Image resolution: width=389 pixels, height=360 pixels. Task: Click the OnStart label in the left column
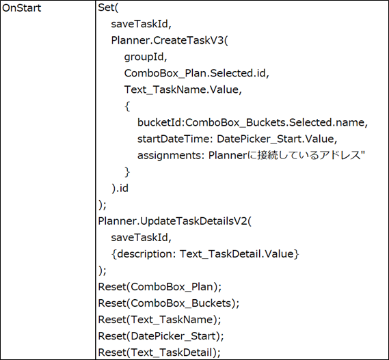tap(21, 8)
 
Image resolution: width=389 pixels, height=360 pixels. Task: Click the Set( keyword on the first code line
tap(109, 8)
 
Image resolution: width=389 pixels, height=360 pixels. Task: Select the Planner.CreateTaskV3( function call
tap(170, 40)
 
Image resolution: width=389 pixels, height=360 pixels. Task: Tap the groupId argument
tap(146, 57)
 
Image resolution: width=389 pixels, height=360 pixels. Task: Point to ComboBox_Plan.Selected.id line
tap(196, 73)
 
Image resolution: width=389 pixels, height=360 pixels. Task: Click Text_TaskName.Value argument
tap(183, 89)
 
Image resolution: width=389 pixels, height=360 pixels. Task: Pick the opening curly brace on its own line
tap(127, 106)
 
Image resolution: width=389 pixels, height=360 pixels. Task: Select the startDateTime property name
tap(174, 139)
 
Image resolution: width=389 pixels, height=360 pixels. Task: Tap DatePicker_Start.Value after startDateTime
tap(277, 139)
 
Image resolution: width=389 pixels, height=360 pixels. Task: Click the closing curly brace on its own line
tap(127, 172)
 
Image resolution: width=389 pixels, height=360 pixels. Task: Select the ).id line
tap(120, 189)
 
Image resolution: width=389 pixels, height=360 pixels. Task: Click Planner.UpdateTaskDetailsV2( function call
tap(174, 221)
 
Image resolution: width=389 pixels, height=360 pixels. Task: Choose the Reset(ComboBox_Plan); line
tap(160, 287)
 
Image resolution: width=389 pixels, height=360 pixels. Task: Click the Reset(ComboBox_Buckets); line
tap(169, 303)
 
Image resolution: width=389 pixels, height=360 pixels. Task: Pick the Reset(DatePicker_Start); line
tap(161, 336)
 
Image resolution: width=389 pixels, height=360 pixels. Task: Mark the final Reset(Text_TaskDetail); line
tap(159, 352)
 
